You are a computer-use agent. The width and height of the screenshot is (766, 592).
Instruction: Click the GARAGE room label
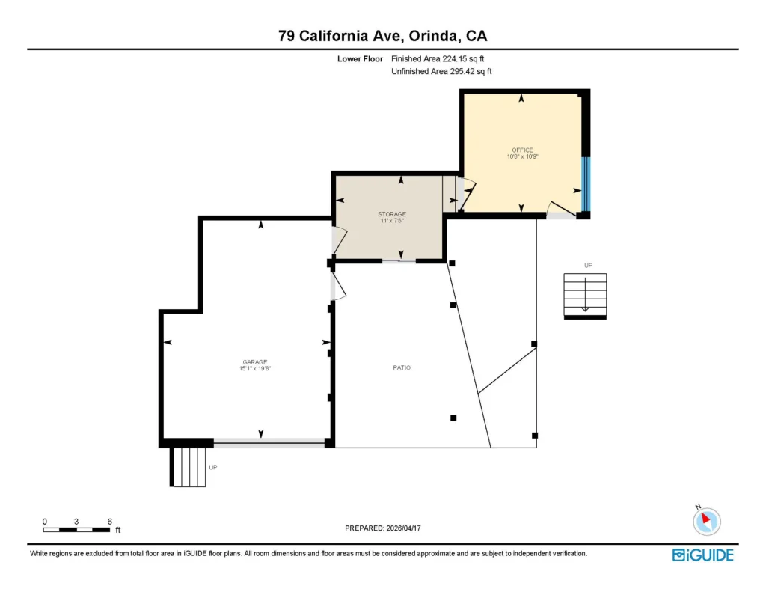[x=254, y=362]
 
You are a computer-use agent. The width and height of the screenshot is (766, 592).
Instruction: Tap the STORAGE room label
[x=392, y=214]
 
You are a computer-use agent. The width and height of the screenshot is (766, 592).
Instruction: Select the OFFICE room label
[x=522, y=150]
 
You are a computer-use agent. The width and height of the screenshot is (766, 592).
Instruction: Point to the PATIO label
[x=402, y=367]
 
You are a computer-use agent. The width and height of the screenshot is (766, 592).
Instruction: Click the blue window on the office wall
[x=586, y=184]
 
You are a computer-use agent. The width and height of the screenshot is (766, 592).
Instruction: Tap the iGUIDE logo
[x=702, y=555]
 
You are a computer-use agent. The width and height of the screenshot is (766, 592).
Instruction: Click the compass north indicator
[x=706, y=520]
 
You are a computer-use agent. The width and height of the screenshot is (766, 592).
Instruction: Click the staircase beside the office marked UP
[x=585, y=296]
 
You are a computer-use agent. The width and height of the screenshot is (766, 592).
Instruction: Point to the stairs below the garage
[x=188, y=467]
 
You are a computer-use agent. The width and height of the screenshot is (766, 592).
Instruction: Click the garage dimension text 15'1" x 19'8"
[x=255, y=368]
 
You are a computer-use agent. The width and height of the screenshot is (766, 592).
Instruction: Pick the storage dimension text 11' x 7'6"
[x=392, y=221]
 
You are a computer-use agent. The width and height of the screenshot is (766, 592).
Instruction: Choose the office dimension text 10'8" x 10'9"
[x=522, y=156]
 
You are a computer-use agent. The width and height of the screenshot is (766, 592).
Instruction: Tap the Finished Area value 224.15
[x=454, y=58]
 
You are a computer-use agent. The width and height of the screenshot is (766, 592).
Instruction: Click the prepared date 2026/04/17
[x=403, y=528]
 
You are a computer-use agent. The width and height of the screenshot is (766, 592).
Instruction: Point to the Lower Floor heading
[x=360, y=58]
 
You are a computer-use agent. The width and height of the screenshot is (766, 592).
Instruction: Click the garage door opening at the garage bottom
[x=269, y=443]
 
